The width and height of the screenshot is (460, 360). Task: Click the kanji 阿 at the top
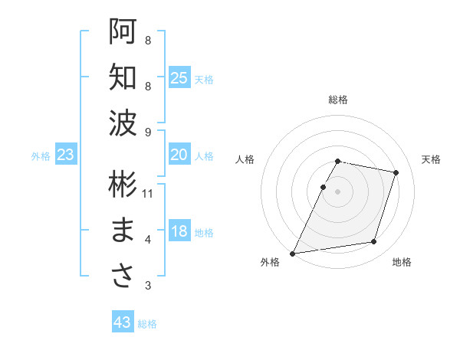(x=123, y=31)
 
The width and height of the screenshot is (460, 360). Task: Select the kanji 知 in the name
(x=123, y=77)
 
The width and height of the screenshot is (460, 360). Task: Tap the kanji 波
(x=123, y=123)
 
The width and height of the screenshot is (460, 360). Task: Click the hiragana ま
(x=123, y=231)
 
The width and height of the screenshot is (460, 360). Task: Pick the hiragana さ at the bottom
(x=123, y=276)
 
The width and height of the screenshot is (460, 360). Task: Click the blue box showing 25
(x=179, y=77)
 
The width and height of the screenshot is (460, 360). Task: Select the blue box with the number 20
(x=179, y=155)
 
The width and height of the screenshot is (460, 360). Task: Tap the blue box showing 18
(x=179, y=231)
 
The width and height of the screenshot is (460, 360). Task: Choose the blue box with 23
(x=66, y=155)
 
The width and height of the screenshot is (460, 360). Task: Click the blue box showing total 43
(x=123, y=322)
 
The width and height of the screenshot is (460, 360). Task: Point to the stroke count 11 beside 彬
(x=148, y=194)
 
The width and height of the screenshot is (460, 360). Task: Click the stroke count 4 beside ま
(x=148, y=240)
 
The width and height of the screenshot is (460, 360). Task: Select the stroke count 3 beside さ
(x=148, y=286)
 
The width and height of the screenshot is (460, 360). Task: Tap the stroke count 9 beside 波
(x=148, y=132)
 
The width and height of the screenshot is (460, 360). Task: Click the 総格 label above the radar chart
(x=338, y=100)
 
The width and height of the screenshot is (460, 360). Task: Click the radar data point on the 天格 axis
(x=396, y=173)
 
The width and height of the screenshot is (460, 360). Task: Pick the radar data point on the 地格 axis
(x=374, y=242)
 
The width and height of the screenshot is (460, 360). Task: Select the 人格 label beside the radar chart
(x=245, y=159)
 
